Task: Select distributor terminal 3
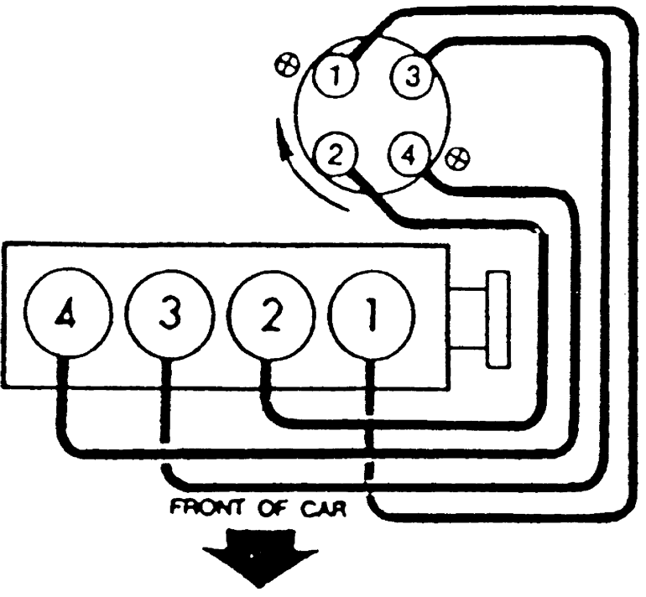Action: [x=411, y=79]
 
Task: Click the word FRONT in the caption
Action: [x=201, y=509]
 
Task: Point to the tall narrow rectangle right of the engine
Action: [x=498, y=319]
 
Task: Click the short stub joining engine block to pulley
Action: [x=467, y=318]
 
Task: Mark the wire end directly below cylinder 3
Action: [x=166, y=436]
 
